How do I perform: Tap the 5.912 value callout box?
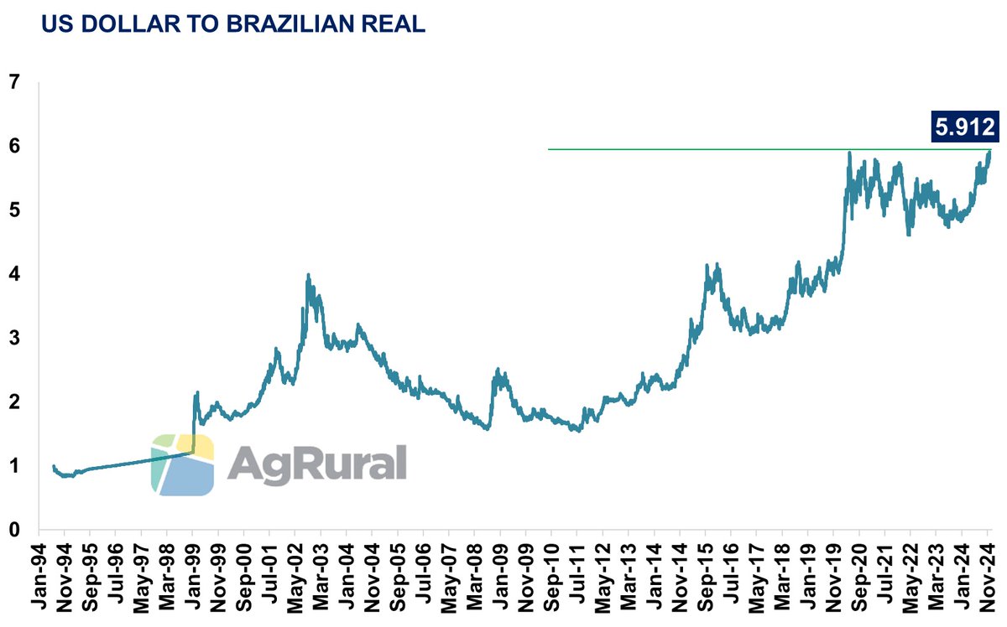tap(963, 127)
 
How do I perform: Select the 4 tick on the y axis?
tap(13, 274)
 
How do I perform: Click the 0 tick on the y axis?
tap(13, 530)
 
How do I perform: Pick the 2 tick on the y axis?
tap(13, 402)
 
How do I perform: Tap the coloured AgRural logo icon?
tap(182, 465)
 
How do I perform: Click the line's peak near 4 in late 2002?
tap(308, 275)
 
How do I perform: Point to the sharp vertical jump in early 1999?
tap(195, 423)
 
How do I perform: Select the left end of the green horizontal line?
tap(549, 150)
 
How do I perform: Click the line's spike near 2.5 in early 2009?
tap(498, 370)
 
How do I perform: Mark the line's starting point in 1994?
tap(53, 466)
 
